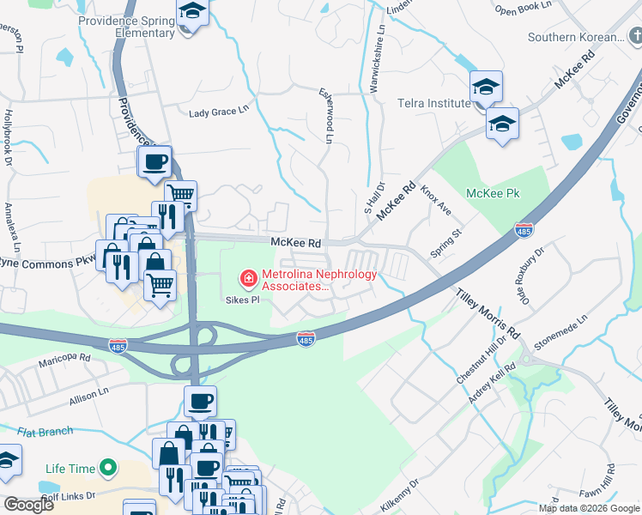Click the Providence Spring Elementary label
pyautogui.click(x=126, y=27)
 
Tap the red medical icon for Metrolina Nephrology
pyautogui.click(x=247, y=278)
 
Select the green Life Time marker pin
pyautogui.click(x=107, y=468)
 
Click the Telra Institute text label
pyautogui.click(x=433, y=104)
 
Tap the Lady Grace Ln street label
pyautogui.click(x=218, y=112)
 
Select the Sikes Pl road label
pyautogui.click(x=243, y=300)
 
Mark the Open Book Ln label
pyautogui.click(x=523, y=10)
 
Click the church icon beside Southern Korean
pyautogui.click(x=634, y=36)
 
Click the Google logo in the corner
pyautogui.click(x=28, y=505)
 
